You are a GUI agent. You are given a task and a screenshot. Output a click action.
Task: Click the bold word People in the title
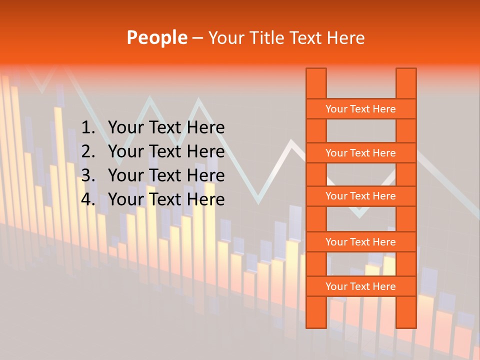click(x=157, y=37)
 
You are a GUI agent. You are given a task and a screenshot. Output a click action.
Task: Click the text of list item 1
click(x=166, y=128)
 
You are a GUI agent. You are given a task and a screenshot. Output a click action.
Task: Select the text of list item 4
click(x=166, y=199)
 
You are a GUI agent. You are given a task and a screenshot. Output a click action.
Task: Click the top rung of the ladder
click(x=360, y=109)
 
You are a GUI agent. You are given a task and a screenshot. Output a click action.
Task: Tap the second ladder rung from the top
click(x=360, y=153)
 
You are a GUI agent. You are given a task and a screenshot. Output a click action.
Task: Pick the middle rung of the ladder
click(x=360, y=196)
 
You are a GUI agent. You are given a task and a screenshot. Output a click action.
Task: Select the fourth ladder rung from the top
click(x=360, y=242)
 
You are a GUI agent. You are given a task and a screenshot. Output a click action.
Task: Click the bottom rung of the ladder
click(x=360, y=286)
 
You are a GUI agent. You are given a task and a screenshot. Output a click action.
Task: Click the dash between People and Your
click(x=197, y=38)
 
